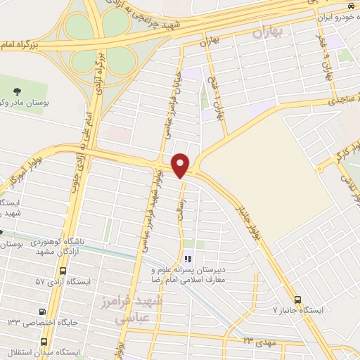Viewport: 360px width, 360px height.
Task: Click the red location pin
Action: tap(181, 165)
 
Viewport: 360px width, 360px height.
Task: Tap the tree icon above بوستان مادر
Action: tap(17, 90)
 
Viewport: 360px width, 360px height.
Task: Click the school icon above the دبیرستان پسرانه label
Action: tap(187, 259)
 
